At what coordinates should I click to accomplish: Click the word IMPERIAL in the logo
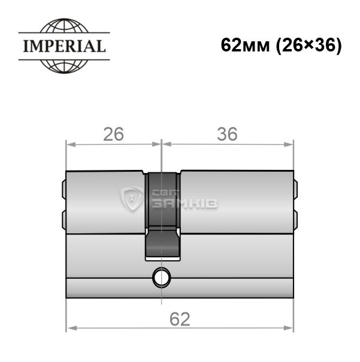tap(64, 46)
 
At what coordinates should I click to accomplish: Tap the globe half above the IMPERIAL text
tap(64, 25)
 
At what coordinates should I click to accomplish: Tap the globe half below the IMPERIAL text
tap(64, 66)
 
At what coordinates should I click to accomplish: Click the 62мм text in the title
tap(245, 45)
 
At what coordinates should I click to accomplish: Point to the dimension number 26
tap(113, 134)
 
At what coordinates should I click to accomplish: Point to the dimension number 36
tap(227, 134)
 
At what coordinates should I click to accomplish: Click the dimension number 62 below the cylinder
tap(180, 319)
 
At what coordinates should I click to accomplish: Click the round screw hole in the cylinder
tap(162, 277)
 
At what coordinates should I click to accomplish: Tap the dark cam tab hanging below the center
tap(162, 243)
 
